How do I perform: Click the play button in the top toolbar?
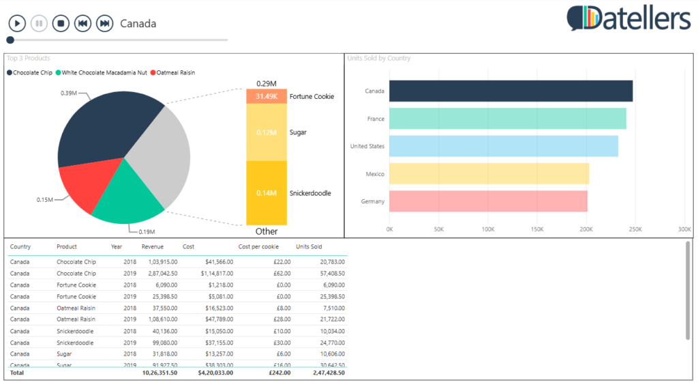(17, 24)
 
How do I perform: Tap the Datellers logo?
(628, 18)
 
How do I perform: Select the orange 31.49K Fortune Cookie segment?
(267, 96)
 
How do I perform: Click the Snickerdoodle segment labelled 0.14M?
(267, 193)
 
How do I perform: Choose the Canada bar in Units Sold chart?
(511, 91)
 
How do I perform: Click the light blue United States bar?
(504, 146)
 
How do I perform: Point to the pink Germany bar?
(488, 201)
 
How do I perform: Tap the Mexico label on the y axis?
(375, 174)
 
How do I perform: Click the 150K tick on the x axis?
(537, 229)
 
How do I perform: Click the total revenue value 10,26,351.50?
(160, 373)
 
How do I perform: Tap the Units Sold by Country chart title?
(379, 59)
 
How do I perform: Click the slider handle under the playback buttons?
(10, 40)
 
